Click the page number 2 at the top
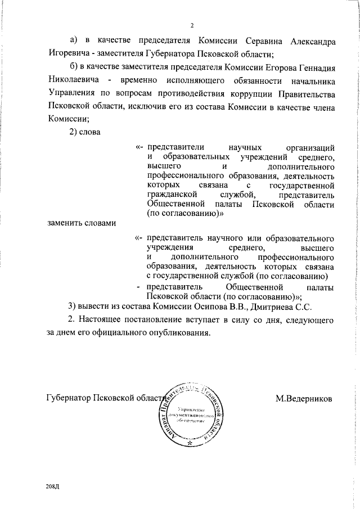192,25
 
